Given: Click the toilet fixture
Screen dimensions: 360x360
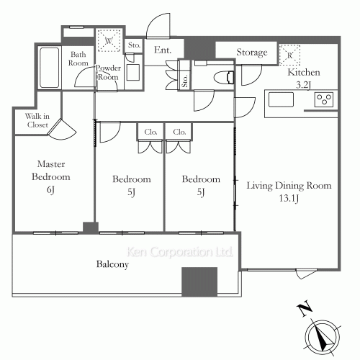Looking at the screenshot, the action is [224, 78].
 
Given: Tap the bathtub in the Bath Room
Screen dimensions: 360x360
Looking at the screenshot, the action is [50, 68].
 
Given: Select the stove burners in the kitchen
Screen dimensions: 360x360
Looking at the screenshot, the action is [324, 99].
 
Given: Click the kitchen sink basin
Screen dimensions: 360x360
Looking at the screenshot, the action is [281, 99].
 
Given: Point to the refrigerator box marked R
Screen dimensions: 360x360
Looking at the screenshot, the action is [289, 55].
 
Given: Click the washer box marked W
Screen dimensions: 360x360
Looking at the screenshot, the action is [109, 40].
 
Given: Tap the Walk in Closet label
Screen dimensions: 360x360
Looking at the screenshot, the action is [37, 120].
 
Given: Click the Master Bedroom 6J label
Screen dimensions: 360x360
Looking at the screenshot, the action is [51, 176].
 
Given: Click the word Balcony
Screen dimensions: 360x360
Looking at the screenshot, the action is [112, 264].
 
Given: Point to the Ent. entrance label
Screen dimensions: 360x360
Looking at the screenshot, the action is [163, 50].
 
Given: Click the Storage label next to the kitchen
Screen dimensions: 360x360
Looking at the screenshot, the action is [252, 53].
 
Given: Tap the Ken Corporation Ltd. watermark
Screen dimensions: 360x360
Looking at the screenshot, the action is [179, 252].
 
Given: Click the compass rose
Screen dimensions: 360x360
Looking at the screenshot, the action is [323, 336].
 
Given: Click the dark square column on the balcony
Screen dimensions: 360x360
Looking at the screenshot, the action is [199, 282].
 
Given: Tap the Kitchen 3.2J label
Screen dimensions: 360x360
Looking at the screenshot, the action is [304, 78].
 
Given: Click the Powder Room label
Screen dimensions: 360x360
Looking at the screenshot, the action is [108, 73].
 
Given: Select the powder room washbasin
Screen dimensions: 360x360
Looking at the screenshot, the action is [133, 72].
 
